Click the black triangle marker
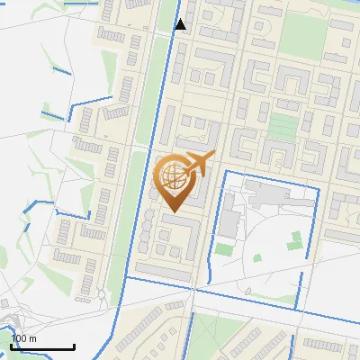[x=181, y=24]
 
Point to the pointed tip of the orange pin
[x=172, y=212]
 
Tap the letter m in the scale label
[x=32, y=338]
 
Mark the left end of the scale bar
[x=11, y=346]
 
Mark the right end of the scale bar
[x=74, y=346]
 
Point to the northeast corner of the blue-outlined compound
[x=319, y=188]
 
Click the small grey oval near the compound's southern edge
[x=246, y=290]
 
